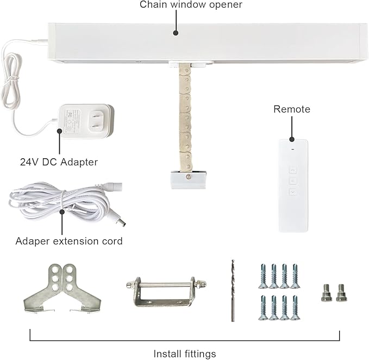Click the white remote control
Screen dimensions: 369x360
click(293, 185)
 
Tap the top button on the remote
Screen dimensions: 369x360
click(293, 170)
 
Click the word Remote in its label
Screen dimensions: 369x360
click(292, 109)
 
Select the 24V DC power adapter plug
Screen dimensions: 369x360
click(86, 121)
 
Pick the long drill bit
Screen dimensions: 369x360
click(233, 290)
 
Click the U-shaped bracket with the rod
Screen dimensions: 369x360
click(166, 292)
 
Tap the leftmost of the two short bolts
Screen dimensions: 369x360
click(327, 293)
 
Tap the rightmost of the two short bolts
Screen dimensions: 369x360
click(341, 293)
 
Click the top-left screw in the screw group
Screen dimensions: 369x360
click(264, 276)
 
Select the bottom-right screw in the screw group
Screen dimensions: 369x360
click(295, 308)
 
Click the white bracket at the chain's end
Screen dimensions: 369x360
click(188, 179)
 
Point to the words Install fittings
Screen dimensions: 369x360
click(185, 354)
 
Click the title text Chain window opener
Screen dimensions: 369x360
click(191, 4)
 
